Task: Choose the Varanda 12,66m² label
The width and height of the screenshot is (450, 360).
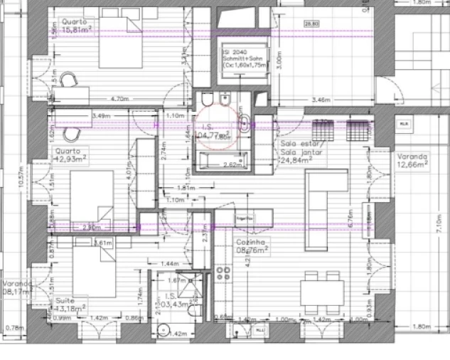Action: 412,160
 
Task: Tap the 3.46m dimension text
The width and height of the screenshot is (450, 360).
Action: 322,100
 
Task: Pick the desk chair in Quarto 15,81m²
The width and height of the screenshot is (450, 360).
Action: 70,80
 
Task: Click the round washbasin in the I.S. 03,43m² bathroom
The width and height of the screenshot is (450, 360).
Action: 164,329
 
